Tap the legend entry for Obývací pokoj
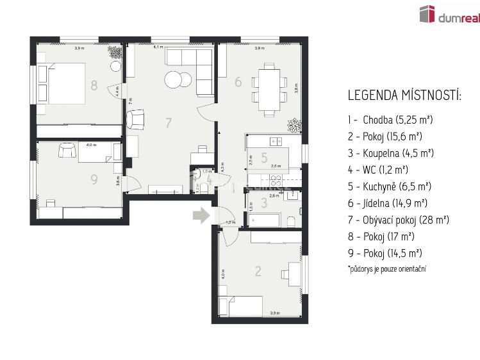(x=398, y=220)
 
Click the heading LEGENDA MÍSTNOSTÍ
(x=404, y=95)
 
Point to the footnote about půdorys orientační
(x=387, y=269)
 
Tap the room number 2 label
(x=258, y=271)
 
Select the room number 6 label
(x=238, y=82)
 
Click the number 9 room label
(x=94, y=179)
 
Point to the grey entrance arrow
(x=202, y=215)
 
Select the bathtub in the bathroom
(x=265, y=221)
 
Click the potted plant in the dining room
(x=293, y=124)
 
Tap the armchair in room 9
(x=67, y=150)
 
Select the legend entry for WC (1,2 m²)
(x=377, y=170)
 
